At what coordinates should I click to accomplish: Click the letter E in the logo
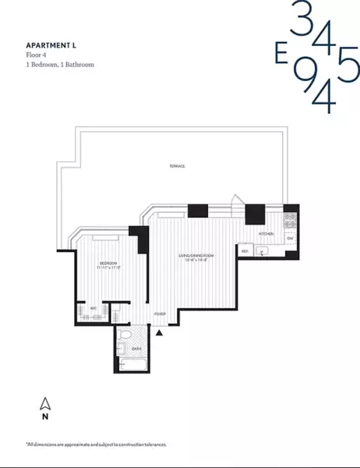[280, 56]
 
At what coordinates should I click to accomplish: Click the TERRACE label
[178, 166]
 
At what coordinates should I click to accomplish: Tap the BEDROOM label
[108, 264]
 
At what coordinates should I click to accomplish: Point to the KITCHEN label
[265, 233]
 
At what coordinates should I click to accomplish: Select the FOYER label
[161, 314]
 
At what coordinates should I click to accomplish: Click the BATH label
[136, 349]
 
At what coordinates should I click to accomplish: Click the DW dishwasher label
[289, 239]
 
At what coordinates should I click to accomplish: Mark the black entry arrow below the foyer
[161, 333]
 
